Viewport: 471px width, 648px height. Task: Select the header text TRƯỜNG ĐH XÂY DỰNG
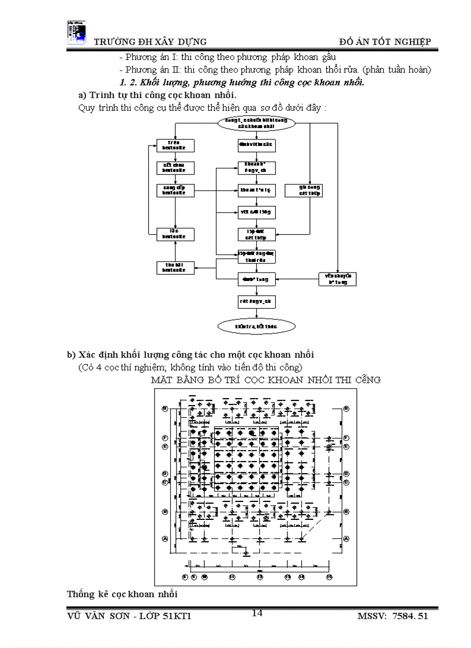[150, 42]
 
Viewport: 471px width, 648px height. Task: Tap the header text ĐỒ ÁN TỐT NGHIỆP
[384, 42]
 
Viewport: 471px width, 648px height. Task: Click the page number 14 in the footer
[257, 613]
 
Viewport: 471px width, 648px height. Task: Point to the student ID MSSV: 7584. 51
[392, 617]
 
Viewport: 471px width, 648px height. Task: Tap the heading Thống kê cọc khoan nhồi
[122, 594]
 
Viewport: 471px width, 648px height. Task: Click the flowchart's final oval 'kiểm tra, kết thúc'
[256, 327]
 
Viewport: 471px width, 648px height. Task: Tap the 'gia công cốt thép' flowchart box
[310, 190]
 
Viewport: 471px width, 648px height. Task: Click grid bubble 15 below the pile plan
[330, 576]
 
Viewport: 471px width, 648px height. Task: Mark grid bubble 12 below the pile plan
[260, 576]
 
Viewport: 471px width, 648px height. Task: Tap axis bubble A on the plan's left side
[165, 538]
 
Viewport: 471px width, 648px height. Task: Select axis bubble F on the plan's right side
[346, 438]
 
